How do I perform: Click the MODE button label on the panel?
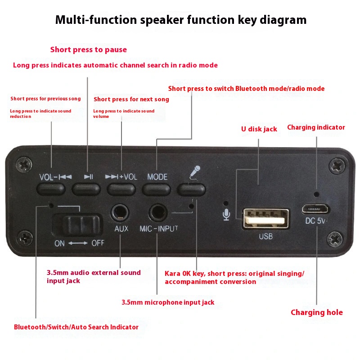click(x=157, y=177)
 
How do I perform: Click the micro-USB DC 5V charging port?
click(x=316, y=209)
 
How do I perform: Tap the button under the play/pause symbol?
click(x=86, y=189)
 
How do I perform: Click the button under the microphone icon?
click(x=191, y=189)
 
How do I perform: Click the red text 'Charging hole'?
click(x=316, y=312)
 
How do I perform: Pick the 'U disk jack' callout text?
click(x=259, y=129)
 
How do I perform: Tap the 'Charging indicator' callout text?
click(x=316, y=127)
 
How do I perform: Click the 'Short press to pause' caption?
click(x=88, y=49)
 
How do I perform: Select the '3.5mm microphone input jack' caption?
click(x=168, y=302)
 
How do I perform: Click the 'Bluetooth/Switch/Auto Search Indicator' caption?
click(x=76, y=327)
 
